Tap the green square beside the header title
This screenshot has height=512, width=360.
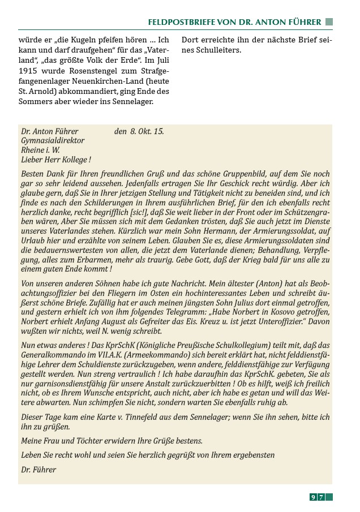tap(329, 22)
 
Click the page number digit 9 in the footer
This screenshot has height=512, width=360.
tap(313, 497)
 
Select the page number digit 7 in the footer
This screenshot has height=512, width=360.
tap(320, 497)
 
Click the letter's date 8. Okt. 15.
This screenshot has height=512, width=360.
tap(145, 131)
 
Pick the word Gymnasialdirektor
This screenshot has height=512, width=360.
tap(53, 140)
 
